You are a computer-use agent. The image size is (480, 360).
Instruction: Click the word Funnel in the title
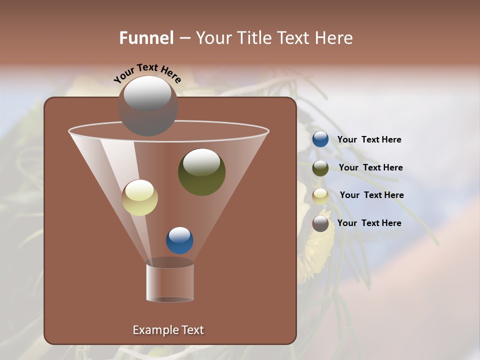(x=146, y=38)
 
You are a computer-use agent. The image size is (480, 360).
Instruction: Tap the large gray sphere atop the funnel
(x=147, y=106)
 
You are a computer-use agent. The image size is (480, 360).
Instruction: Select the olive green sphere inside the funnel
(x=202, y=172)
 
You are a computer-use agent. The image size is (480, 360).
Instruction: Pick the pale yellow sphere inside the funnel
(x=139, y=198)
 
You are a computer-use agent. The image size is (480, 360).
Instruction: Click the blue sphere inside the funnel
(x=179, y=240)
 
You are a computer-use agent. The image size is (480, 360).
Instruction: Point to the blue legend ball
(x=320, y=139)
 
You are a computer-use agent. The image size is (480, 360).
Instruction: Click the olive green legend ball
(x=320, y=168)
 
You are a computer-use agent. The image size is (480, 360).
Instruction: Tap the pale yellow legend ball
(x=320, y=196)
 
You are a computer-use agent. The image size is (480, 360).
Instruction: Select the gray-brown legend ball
(x=320, y=223)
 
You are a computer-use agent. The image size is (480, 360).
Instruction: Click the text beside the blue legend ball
(x=369, y=140)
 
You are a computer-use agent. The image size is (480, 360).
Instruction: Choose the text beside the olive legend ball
(x=370, y=168)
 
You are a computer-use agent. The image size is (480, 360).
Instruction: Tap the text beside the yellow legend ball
(x=371, y=195)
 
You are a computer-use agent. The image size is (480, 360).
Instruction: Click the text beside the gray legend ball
(x=369, y=223)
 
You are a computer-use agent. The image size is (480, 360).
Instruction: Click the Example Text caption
(x=168, y=330)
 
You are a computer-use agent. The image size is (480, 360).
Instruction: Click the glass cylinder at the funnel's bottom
(x=170, y=282)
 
